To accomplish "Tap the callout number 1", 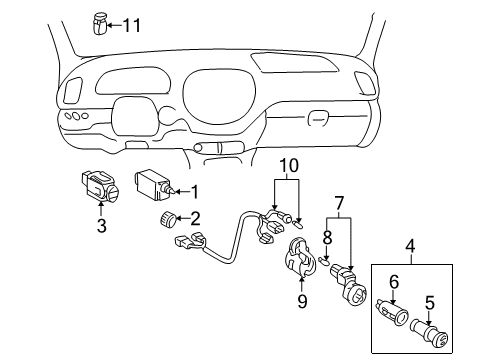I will click(x=195, y=192).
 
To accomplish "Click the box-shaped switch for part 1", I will click(x=154, y=185).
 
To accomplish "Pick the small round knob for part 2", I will click(x=168, y=220).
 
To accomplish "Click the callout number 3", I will click(x=100, y=227).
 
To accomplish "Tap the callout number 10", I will click(x=287, y=164).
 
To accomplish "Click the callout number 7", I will click(x=339, y=204).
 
